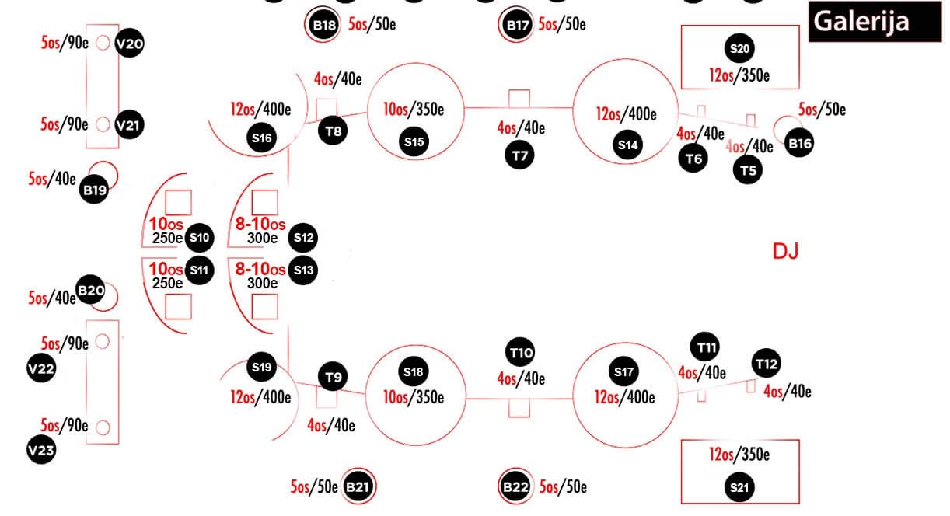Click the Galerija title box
pyautogui.click(x=870, y=21)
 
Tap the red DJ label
pyautogui.click(x=785, y=251)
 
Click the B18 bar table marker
pyautogui.click(x=324, y=25)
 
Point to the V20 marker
pyautogui.click(x=128, y=44)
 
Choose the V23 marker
pyautogui.click(x=40, y=450)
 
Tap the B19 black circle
pyautogui.click(x=94, y=189)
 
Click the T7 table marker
pyautogui.click(x=520, y=155)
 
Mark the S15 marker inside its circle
pyautogui.click(x=414, y=141)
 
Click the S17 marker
pyautogui.click(x=624, y=371)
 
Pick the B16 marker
pyautogui.click(x=800, y=143)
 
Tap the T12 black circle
pyautogui.click(x=767, y=363)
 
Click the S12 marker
pyautogui.click(x=302, y=237)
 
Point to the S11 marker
pyautogui.click(x=200, y=270)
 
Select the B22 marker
pyautogui.click(x=515, y=487)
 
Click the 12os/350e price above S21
pyautogui.click(x=739, y=455)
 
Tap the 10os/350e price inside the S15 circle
pyautogui.click(x=414, y=110)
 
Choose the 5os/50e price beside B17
pyautogui.click(x=562, y=24)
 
